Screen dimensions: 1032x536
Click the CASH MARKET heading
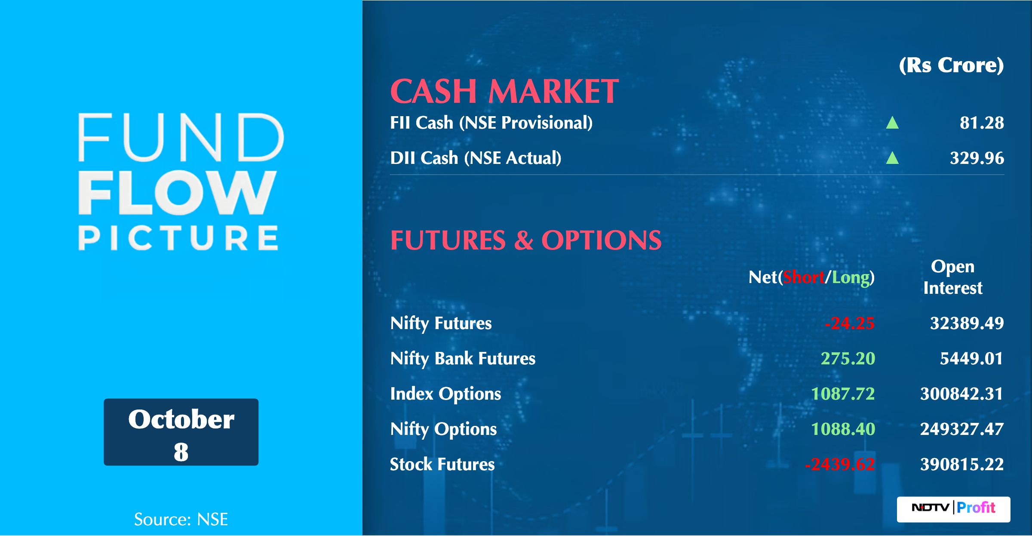click(504, 92)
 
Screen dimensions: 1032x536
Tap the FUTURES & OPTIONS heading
click(526, 240)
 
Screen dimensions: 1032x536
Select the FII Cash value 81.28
click(982, 123)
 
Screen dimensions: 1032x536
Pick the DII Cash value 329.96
click(977, 158)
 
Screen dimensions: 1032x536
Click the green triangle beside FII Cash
click(892, 123)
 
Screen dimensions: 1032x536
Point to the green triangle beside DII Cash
click(892, 158)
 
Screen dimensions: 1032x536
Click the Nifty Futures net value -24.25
click(850, 323)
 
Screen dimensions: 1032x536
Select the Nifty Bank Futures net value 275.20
click(848, 358)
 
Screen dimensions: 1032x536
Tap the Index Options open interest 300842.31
click(961, 394)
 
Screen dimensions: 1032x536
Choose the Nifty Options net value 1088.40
click(843, 429)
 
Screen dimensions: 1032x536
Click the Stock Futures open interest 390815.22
click(962, 464)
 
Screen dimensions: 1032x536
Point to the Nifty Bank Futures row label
click(463, 359)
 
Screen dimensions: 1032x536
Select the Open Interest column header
click(953, 277)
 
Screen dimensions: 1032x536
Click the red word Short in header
click(804, 277)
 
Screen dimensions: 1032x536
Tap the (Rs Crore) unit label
click(952, 65)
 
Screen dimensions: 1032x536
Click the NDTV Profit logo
click(954, 509)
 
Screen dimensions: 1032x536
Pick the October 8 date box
click(181, 432)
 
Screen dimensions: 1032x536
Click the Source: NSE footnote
click(181, 519)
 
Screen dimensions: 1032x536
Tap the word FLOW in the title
click(177, 193)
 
